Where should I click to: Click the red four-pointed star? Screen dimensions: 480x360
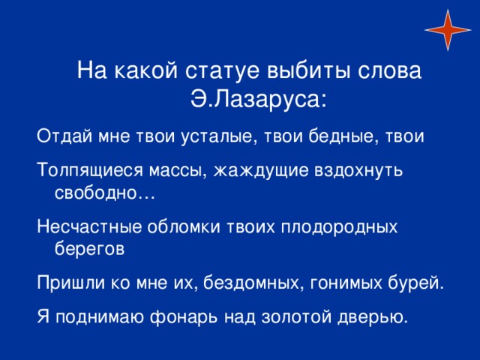(x=448, y=30)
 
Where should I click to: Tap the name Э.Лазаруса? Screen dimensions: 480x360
(x=259, y=100)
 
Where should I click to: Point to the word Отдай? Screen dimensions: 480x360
(x=64, y=136)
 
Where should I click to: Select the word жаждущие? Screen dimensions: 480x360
(x=261, y=170)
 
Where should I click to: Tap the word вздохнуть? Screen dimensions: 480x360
(x=358, y=170)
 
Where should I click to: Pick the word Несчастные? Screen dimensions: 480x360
(x=89, y=226)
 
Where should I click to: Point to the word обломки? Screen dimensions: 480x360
(x=184, y=226)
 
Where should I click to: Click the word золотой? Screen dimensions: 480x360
(x=296, y=316)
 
